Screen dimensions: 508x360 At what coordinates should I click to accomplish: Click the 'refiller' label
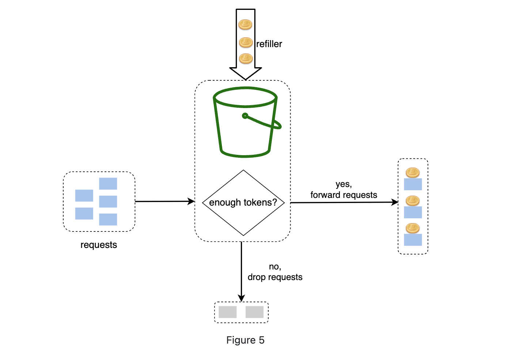[269, 44]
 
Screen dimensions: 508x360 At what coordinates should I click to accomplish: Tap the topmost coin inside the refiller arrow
[245, 24]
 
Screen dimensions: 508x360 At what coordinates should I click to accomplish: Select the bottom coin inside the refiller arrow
[246, 59]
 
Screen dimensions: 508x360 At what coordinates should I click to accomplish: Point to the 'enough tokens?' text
[243, 202]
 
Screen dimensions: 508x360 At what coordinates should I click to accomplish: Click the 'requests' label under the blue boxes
[99, 245]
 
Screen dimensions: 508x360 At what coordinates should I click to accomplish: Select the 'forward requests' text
[344, 195]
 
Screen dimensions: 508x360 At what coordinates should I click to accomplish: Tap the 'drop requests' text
[275, 277]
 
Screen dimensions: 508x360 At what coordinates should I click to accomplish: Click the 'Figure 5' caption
[245, 340]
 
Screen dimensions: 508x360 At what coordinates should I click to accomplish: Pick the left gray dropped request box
[227, 312]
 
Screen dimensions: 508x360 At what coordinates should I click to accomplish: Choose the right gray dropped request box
[254, 312]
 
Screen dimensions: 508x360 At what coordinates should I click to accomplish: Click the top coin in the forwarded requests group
[413, 173]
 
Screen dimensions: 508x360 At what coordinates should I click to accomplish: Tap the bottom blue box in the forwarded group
[413, 240]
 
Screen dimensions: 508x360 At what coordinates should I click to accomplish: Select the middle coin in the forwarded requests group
[413, 201]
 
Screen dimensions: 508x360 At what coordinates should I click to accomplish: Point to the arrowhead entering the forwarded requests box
[395, 202]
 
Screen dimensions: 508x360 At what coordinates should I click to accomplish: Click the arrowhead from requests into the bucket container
[191, 201]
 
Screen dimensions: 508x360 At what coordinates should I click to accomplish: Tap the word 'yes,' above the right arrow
[344, 184]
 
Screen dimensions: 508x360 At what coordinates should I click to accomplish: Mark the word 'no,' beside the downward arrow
[275, 267]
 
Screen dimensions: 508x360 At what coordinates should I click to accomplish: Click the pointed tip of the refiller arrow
[245, 80]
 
